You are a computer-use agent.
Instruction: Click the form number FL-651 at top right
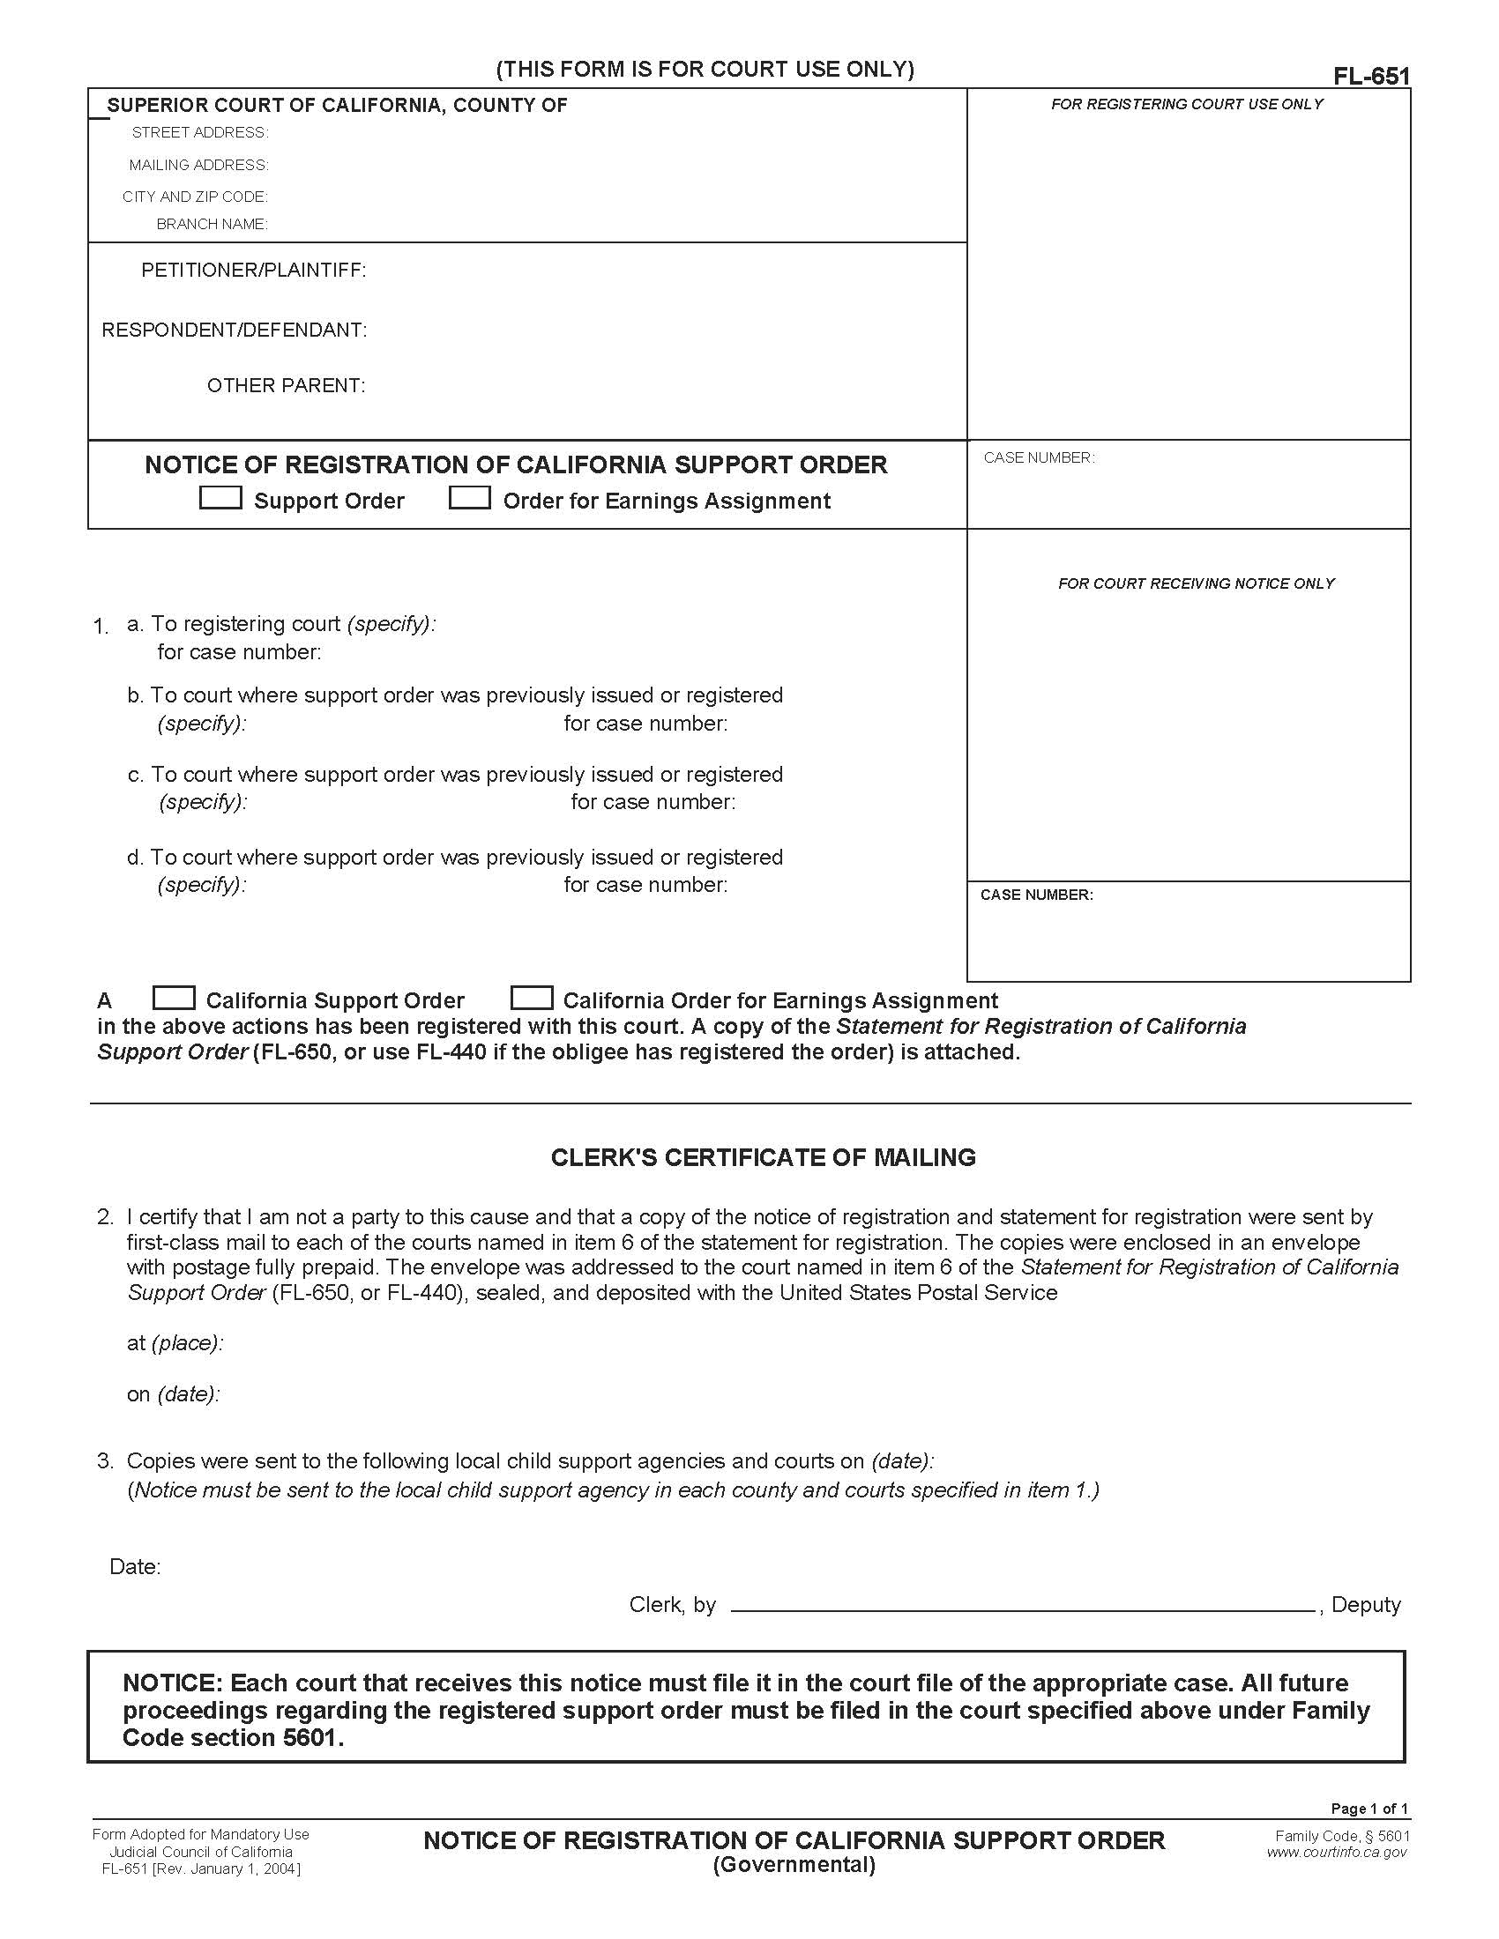tap(1370, 77)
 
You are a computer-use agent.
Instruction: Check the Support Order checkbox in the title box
tap(220, 498)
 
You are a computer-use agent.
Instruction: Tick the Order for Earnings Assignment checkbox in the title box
tap(470, 498)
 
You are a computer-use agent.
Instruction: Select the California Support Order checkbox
tap(174, 998)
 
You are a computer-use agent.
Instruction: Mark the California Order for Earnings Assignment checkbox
tap(532, 998)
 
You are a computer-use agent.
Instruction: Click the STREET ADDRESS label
tap(200, 132)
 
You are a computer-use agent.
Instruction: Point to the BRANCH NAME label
tap(212, 224)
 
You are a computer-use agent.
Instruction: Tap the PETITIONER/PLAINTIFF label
tap(253, 270)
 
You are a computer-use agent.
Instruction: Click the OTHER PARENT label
tap(286, 385)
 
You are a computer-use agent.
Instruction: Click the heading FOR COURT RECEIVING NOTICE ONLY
tap(1196, 583)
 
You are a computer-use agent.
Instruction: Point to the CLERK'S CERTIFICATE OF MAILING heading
tap(763, 1157)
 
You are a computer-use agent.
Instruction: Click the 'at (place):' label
tap(175, 1342)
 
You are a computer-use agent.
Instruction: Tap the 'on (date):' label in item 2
tap(173, 1394)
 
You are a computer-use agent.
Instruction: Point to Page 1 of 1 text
tap(1368, 1809)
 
